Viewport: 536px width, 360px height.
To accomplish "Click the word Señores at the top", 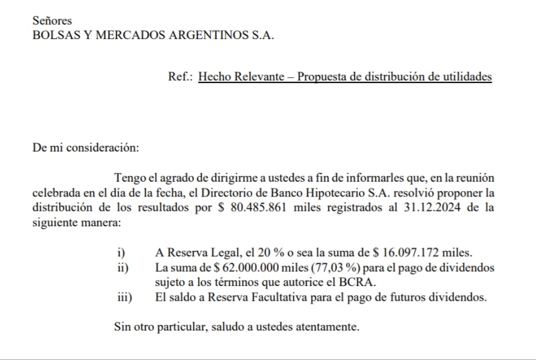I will pos(52,21).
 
